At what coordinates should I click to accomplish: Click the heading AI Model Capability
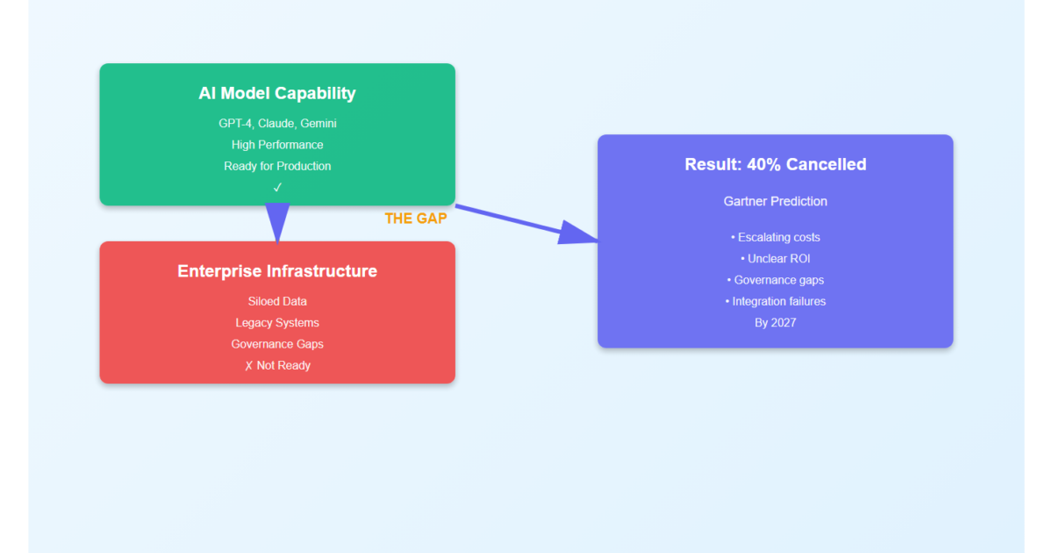tap(277, 93)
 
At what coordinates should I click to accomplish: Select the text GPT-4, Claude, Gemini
tap(277, 123)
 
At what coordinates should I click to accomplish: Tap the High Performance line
tap(277, 144)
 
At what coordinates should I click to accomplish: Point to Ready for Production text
tap(277, 166)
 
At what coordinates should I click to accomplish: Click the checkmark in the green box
tap(277, 187)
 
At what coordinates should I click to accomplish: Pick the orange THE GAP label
tap(415, 219)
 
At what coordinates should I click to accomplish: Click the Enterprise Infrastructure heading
tap(277, 271)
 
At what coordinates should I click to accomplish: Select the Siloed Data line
tap(277, 301)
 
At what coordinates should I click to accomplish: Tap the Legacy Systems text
tap(277, 322)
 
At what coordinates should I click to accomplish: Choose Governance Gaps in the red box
tap(277, 344)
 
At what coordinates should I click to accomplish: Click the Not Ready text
tap(277, 365)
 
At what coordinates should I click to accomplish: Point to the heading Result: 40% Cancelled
tap(775, 164)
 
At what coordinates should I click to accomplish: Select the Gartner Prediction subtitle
tap(775, 201)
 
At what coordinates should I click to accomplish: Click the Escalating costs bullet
tap(775, 237)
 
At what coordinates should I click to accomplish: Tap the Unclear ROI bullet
tap(775, 259)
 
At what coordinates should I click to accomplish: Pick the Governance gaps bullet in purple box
tap(775, 280)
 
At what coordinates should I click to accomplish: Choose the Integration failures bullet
tap(775, 301)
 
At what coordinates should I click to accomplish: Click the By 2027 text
tap(775, 322)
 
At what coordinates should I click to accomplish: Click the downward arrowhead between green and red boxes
tap(277, 221)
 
